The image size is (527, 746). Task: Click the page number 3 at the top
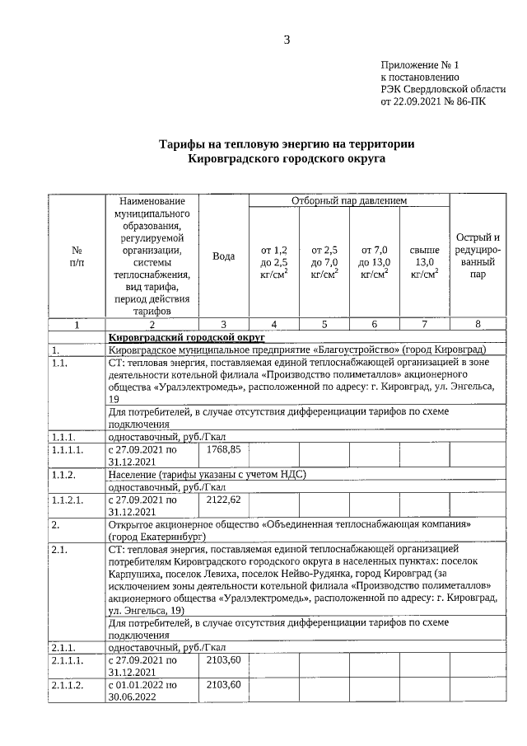287,40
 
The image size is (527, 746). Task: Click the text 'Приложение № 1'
421,63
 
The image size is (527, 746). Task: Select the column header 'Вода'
223,256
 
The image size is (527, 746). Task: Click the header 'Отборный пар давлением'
349,201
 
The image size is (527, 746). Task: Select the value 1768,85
223,449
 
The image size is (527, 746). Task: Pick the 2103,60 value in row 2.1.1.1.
223,660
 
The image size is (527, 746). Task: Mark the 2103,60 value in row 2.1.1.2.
223,685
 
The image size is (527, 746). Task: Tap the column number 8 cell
478,324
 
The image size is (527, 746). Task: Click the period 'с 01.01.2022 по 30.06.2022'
142,691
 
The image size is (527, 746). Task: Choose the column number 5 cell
324,324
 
